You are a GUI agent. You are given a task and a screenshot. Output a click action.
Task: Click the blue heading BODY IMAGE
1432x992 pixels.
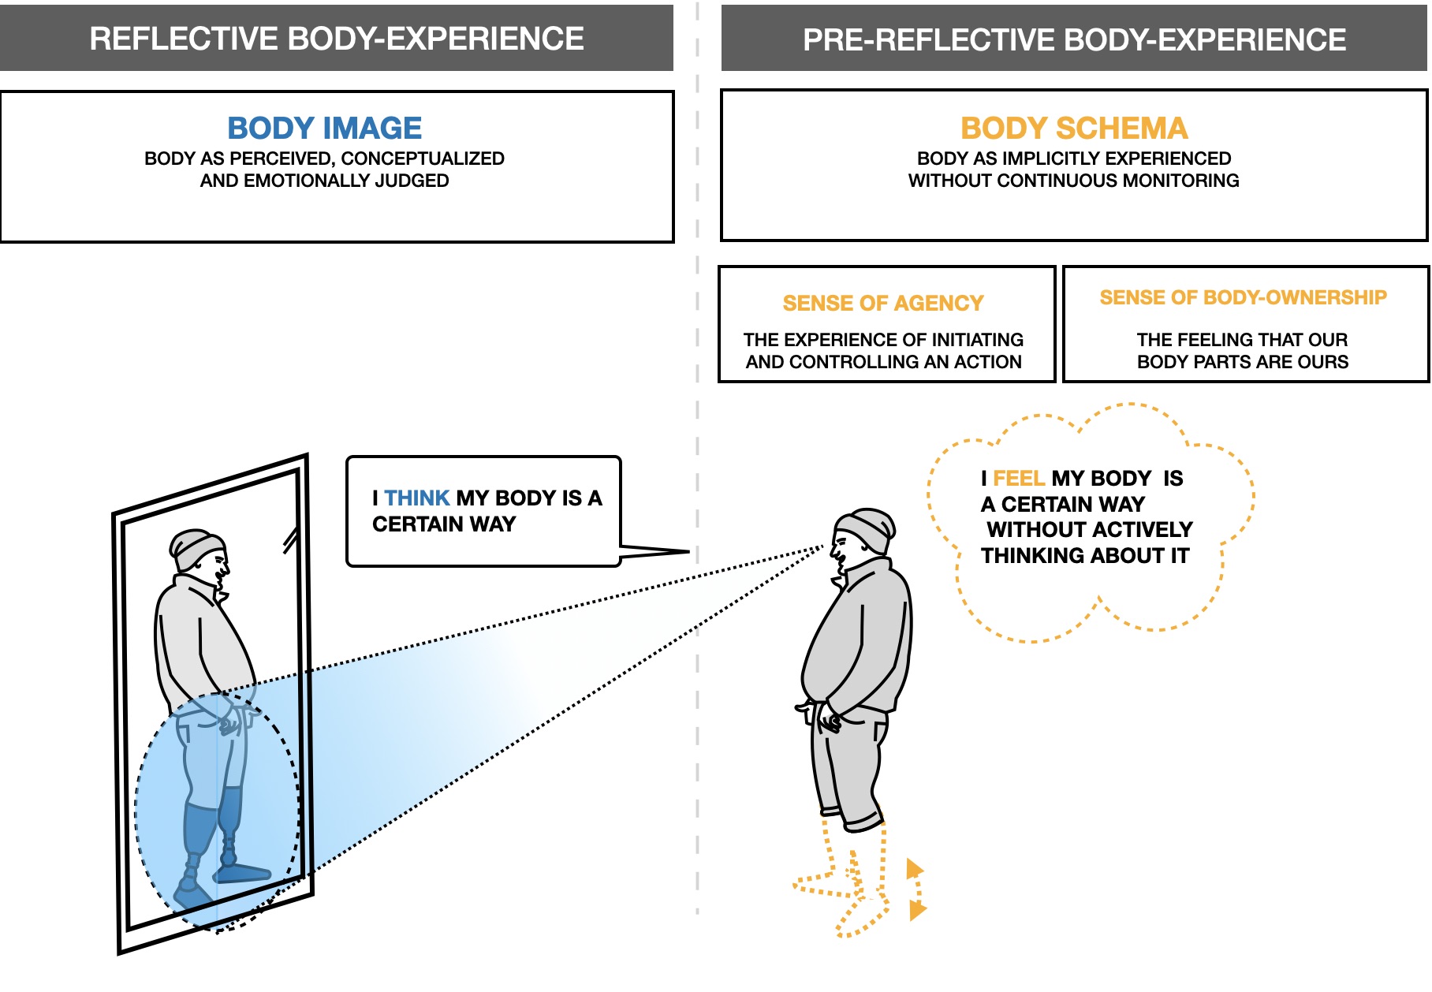pos(324,129)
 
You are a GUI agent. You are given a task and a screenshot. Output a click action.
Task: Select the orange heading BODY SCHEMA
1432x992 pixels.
pos(1073,129)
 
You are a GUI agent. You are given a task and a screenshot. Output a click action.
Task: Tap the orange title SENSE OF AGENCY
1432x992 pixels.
pos(882,304)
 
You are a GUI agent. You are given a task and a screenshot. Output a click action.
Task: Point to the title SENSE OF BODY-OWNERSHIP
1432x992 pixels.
pos(1243,297)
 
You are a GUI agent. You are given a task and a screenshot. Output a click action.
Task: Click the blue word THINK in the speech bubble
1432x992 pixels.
pos(416,498)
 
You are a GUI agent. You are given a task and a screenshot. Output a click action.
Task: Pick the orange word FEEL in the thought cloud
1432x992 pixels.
pos(1018,479)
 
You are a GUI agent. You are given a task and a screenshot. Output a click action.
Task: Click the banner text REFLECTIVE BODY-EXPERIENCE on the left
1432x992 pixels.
pos(337,39)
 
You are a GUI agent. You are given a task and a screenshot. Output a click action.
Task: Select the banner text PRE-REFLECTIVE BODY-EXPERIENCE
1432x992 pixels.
pos(1074,39)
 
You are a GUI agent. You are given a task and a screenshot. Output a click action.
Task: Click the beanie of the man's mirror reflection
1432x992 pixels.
pos(196,546)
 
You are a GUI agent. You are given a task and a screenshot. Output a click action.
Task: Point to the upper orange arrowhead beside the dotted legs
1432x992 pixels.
pos(914,869)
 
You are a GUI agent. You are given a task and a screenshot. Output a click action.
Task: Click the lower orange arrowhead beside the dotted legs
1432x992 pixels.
pos(916,911)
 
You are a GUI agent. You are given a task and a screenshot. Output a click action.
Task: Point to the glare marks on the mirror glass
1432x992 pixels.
pos(290,540)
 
